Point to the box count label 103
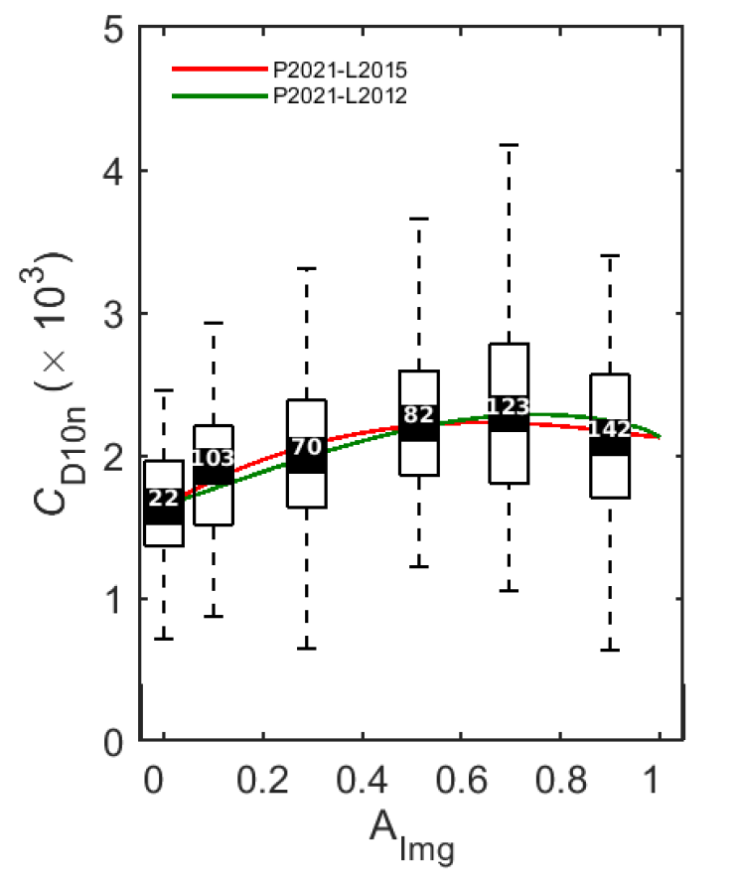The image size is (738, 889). [212, 459]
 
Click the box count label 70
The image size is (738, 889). [307, 447]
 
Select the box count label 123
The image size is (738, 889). [509, 406]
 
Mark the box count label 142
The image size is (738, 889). [609, 429]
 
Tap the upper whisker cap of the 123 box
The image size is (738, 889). [509, 145]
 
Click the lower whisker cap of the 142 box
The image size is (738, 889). [609, 650]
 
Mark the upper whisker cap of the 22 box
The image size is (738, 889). [163, 390]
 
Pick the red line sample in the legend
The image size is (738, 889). [219, 71]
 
